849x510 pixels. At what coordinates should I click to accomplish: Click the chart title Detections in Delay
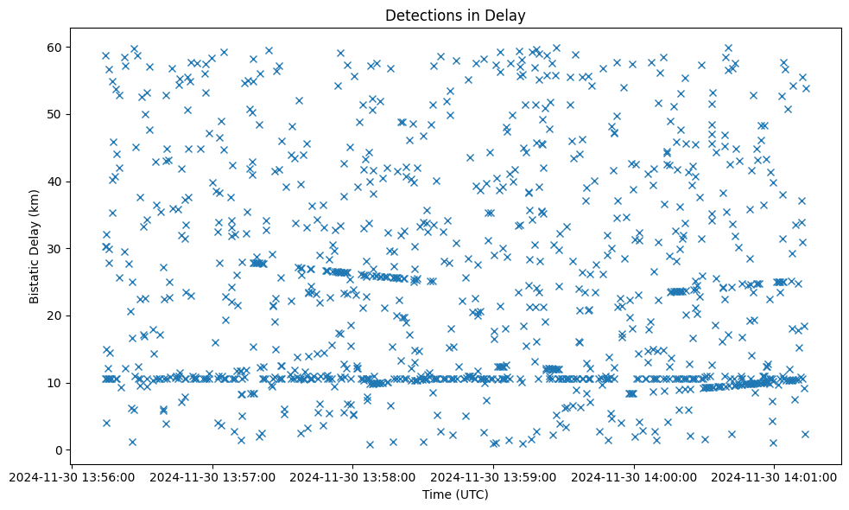coord(455,16)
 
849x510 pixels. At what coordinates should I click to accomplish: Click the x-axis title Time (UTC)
coord(455,494)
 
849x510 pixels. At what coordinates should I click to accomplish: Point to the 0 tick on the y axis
coord(56,450)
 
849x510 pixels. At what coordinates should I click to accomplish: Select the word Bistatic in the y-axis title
coord(35,278)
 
